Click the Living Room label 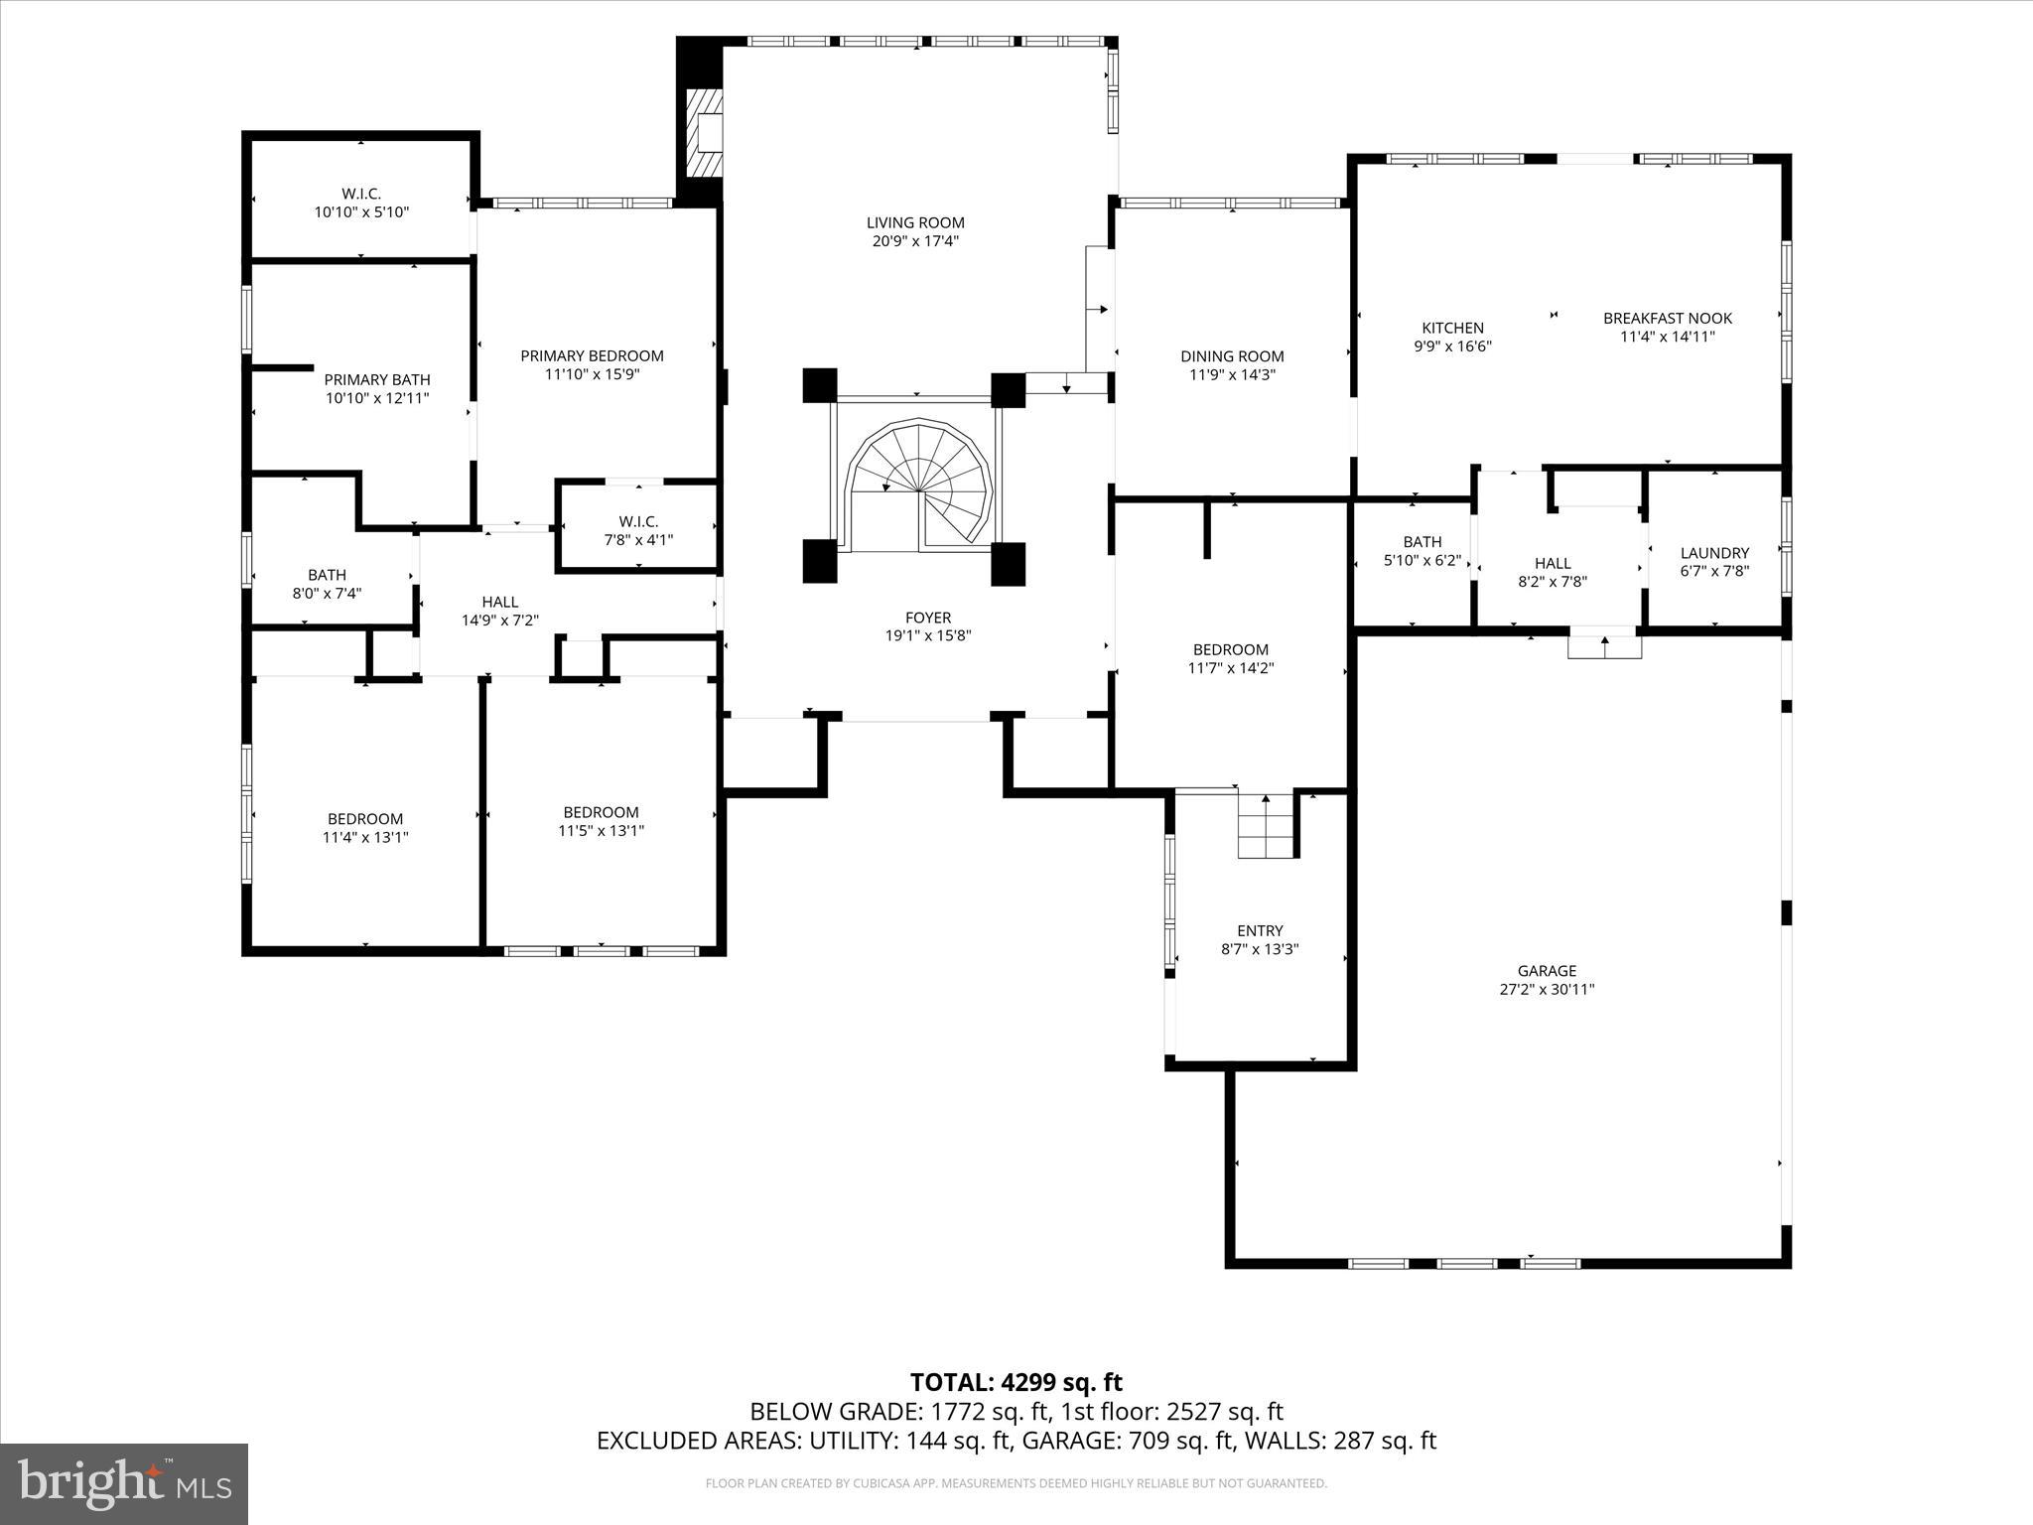pyautogui.click(x=915, y=223)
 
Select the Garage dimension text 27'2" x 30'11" pyautogui.click(x=1547, y=989)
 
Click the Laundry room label pyautogui.click(x=1714, y=553)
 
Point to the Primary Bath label pyautogui.click(x=377, y=379)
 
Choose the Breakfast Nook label pyautogui.click(x=1668, y=318)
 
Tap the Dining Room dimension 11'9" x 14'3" pyautogui.click(x=1232, y=374)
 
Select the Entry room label pyautogui.click(x=1260, y=930)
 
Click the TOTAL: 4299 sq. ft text pyautogui.click(x=1016, y=1382)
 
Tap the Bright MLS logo pyautogui.click(x=124, y=1483)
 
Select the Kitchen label pyautogui.click(x=1452, y=328)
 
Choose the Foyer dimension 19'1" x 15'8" pyautogui.click(x=928, y=635)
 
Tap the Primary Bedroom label pyautogui.click(x=592, y=355)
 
